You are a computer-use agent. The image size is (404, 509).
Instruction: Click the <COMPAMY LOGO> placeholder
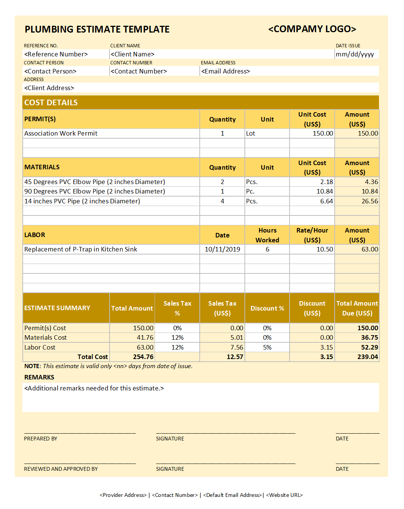312,29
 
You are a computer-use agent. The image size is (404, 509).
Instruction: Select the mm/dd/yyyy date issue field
355,54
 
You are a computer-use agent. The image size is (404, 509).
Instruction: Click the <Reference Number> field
56,54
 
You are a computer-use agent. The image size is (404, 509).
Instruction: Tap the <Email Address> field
225,71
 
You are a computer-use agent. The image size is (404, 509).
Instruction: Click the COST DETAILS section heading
51,103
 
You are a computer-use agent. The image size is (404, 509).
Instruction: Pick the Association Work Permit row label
61,133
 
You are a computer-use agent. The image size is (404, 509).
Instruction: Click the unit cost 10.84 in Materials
324,191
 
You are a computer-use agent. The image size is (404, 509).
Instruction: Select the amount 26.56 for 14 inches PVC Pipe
370,201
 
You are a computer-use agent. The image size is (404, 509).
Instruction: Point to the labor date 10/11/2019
222,249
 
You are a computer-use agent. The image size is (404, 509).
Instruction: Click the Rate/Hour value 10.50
324,249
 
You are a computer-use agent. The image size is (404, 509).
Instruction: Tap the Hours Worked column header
267,235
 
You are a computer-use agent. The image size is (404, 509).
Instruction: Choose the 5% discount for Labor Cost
267,347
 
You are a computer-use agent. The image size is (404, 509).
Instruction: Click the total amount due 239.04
367,357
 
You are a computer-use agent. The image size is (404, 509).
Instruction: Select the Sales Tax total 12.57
235,357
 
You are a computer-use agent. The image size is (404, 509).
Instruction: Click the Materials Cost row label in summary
45,337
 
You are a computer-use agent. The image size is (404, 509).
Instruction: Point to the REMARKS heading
39,377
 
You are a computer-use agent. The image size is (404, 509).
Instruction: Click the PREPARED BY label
41,439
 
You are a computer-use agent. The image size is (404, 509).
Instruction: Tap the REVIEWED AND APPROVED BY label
61,469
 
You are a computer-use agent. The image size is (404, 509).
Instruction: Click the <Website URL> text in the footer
284,495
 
